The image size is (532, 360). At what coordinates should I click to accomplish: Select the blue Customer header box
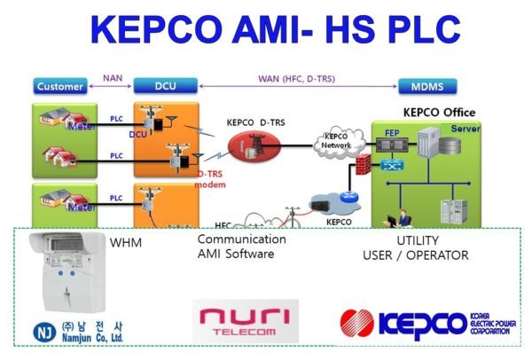tap(60, 87)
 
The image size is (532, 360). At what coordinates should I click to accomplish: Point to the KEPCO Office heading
tap(439, 113)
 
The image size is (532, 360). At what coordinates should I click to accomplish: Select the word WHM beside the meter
tap(126, 242)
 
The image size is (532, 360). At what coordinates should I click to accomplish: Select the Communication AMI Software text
tap(241, 247)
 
